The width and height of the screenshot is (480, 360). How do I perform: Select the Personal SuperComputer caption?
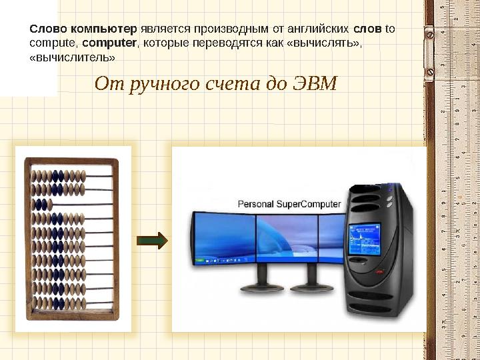click(289, 204)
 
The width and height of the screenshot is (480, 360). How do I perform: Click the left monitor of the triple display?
click(224, 237)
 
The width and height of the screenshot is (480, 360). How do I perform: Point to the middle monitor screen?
click(287, 237)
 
